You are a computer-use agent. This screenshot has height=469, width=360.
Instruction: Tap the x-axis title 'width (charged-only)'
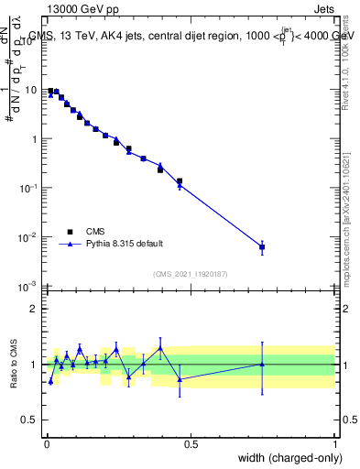coord(285,458)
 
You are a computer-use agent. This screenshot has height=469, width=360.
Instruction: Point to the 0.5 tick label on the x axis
coord(190,444)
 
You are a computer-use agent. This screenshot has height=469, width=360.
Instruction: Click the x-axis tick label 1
coord(334,444)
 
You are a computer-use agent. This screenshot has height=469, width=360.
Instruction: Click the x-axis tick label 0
coord(46,444)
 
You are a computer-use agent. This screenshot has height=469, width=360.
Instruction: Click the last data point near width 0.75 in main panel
coord(262,247)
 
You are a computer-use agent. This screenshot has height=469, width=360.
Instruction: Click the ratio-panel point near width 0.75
coord(262,365)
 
